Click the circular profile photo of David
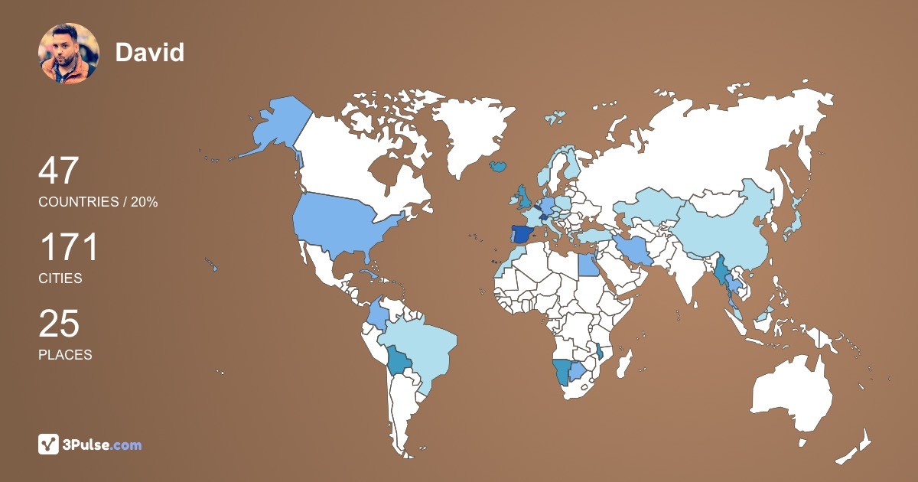[x=69, y=53]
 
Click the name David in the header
[x=150, y=52]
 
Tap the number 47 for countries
[x=59, y=171]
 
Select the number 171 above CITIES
[x=69, y=248]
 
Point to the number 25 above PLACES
[x=59, y=324]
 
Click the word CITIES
[x=60, y=278]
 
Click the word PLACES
[x=65, y=355]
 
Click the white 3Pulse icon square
[x=49, y=445]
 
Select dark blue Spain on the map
[x=522, y=234]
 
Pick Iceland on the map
[x=498, y=165]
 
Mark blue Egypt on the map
[x=588, y=265]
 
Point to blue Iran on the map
[x=635, y=249]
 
